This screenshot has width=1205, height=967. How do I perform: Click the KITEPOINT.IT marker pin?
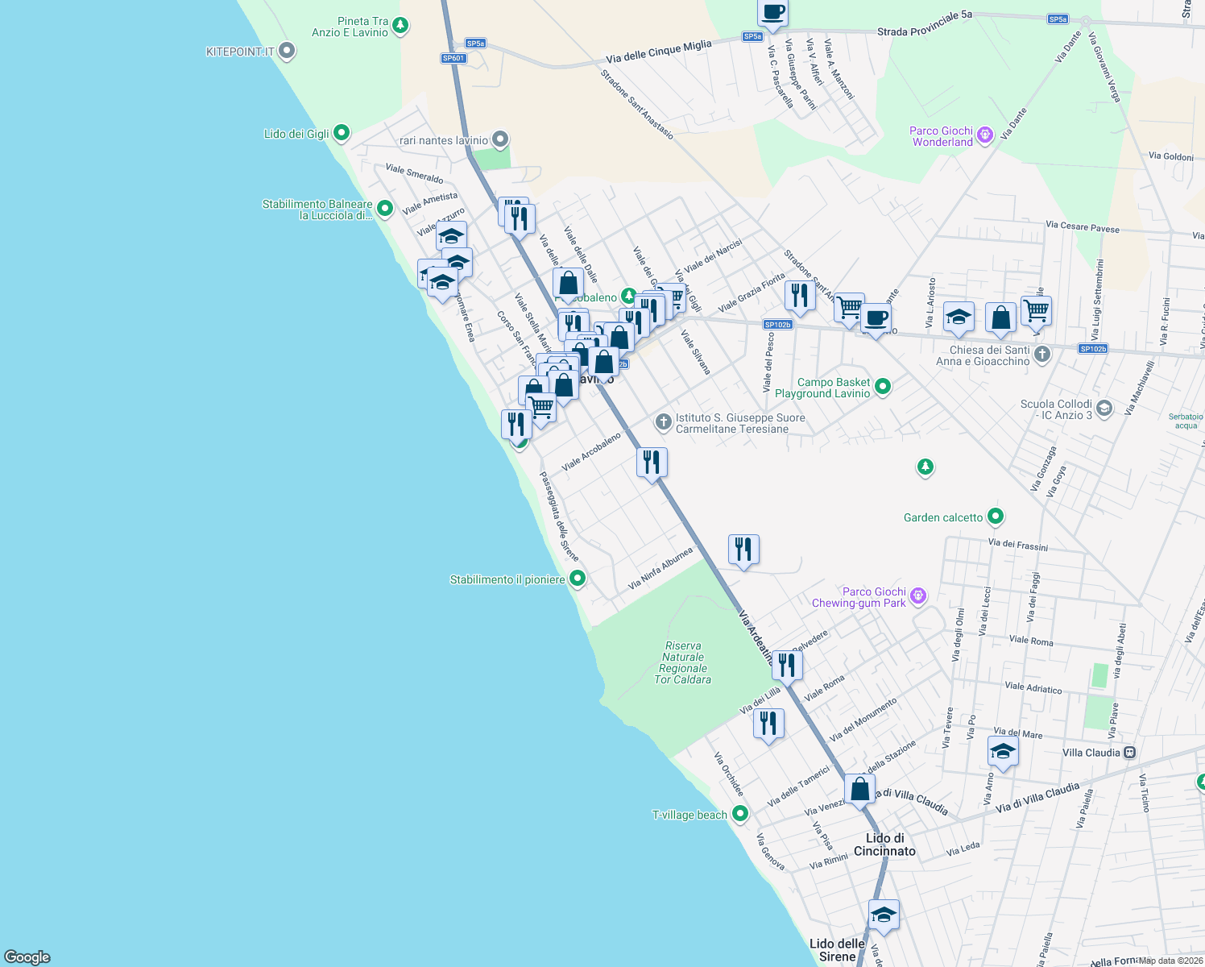tap(286, 52)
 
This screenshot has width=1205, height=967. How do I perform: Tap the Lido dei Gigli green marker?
tap(341, 133)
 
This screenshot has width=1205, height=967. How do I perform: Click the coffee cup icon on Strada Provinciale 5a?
tap(772, 13)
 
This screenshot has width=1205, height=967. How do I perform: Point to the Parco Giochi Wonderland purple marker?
tap(984, 135)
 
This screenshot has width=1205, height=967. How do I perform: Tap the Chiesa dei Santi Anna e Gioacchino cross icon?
tap(1041, 354)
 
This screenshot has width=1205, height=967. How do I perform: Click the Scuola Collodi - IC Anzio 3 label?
tap(1056, 409)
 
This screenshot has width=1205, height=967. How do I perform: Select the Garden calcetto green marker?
tap(996, 517)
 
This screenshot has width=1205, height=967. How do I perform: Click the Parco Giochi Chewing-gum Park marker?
tap(917, 596)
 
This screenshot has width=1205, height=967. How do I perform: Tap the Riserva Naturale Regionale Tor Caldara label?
tap(683, 662)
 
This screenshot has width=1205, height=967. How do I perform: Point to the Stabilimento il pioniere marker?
tap(577, 579)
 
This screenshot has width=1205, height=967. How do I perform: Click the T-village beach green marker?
tap(739, 814)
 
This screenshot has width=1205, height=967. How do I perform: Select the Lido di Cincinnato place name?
tap(884, 845)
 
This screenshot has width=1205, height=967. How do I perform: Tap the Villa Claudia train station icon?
tap(1129, 752)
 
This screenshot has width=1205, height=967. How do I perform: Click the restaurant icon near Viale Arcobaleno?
tap(652, 463)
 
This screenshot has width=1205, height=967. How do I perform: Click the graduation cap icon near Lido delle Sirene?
tap(884, 915)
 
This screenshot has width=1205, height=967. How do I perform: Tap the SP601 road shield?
tap(453, 58)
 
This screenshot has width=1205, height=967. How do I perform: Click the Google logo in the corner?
tap(27, 957)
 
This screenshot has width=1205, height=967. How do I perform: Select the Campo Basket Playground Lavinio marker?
tap(882, 387)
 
